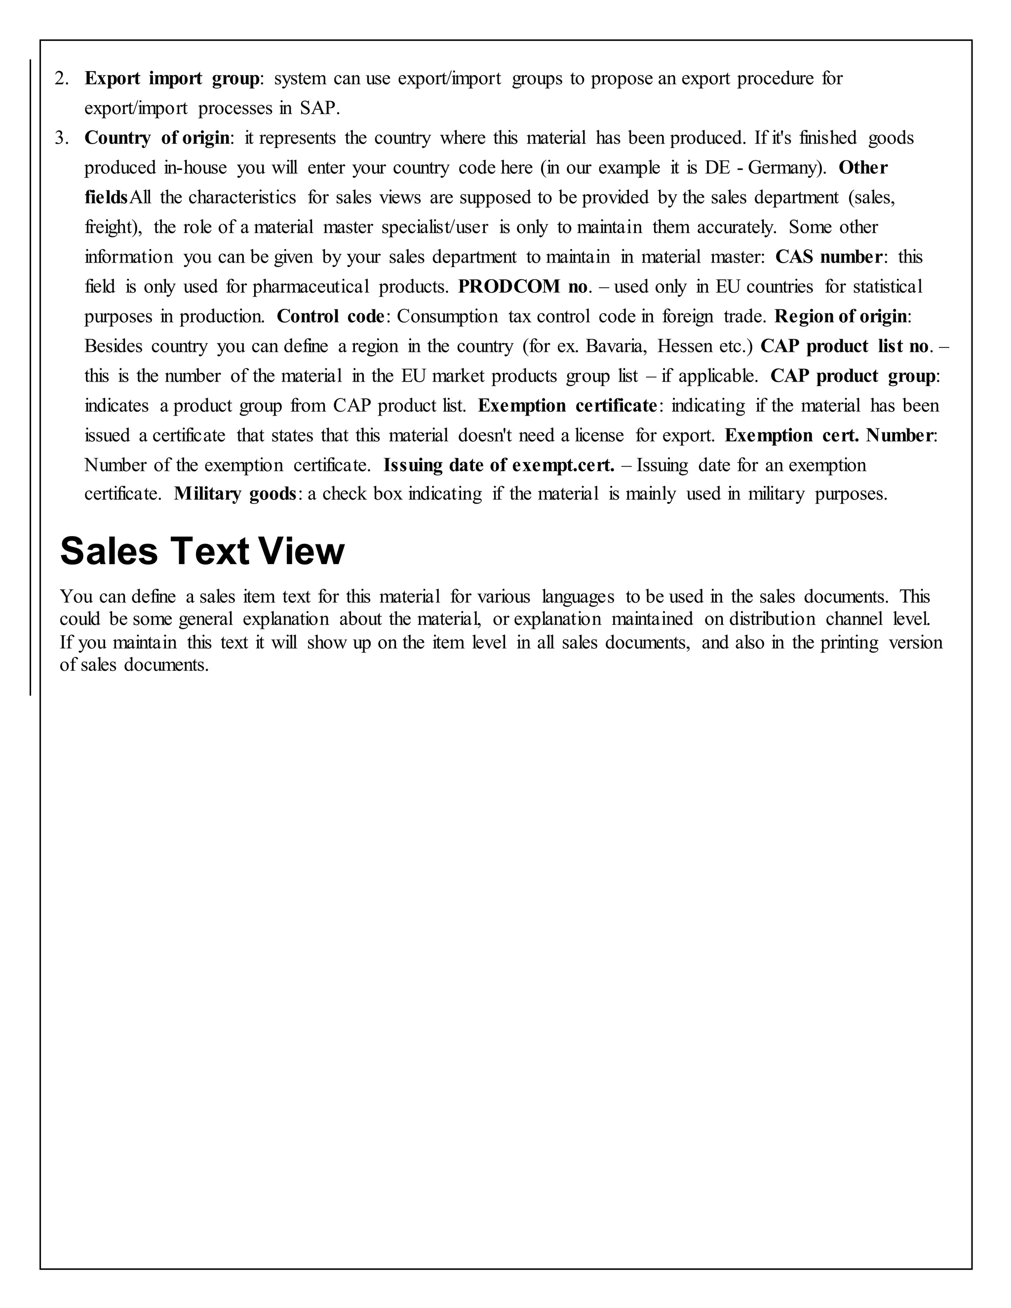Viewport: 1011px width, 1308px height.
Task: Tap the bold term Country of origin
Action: (x=157, y=138)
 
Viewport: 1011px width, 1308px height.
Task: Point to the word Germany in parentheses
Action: (x=783, y=168)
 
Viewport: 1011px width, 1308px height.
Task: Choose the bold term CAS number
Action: (x=828, y=257)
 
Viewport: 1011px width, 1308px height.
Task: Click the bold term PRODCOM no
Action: (x=523, y=287)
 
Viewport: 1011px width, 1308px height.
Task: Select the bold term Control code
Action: (x=330, y=316)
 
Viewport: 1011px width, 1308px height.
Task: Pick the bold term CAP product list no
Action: (x=845, y=346)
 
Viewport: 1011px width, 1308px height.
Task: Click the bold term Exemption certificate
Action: (x=567, y=405)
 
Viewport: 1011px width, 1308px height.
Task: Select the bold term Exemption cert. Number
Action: (x=829, y=435)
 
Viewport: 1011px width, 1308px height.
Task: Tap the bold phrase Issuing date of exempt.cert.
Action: (x=499, y=465)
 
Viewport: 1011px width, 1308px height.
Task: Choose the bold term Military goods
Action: (x=235, y=494)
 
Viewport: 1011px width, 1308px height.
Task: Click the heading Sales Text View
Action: (x=202, y=551)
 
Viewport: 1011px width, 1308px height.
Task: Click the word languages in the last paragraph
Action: (x=578, y=597)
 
